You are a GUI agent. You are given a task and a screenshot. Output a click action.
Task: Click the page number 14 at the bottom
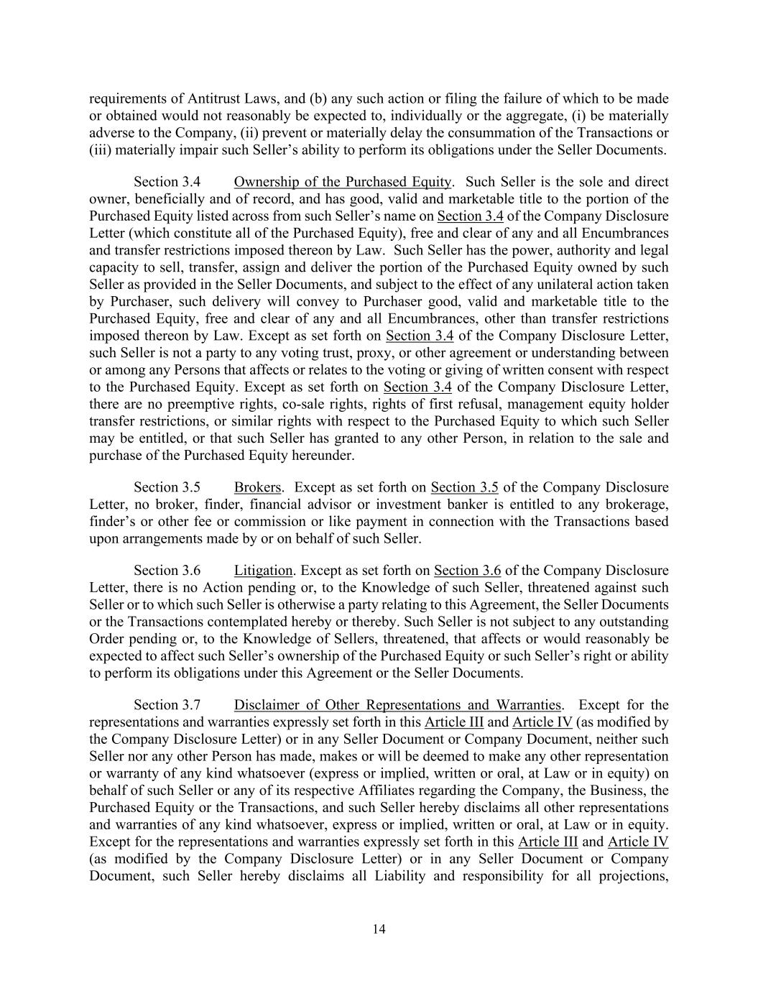pyautogui.click(x=379, y=929)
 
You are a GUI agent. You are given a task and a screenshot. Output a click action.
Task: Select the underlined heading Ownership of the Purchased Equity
pyautogui.click(x=343, y=182)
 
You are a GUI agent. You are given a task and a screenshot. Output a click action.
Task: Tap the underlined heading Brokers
pyautogui.click(x=257, y=487)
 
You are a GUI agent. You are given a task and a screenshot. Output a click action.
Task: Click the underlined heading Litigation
pyautogui.click(x=263, y=571)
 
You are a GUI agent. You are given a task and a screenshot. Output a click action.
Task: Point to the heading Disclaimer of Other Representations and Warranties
pyautogui.click(x=398, y=705)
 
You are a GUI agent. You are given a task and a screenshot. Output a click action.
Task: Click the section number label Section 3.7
pyautogui.click(x=167, y=705)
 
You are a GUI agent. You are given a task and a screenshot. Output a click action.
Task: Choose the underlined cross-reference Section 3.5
pyautogui.click(x=464, y=487)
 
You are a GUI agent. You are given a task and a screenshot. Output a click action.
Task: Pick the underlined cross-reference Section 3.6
pyautogui.click(x=467, y=571)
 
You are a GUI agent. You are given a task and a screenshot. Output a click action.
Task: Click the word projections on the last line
pyautogui.click(x=633, y=876)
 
